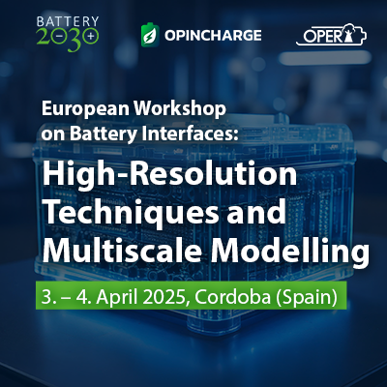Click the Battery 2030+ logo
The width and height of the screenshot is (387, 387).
(x=68, y=34)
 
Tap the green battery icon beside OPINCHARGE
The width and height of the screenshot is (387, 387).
(x=150, y=35)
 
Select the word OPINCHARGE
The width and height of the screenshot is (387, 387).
(x=213, y=35)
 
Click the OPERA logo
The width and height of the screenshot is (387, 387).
(x=331, y=34)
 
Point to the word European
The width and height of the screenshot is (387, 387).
(x=85, y=109)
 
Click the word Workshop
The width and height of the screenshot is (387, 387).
(x=180, y=109)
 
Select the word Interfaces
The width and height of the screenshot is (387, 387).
(x=190, y=134)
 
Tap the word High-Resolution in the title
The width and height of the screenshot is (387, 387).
(x=169, y=173)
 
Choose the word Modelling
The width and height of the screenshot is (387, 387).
(x=290, y=252)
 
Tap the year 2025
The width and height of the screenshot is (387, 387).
(x=164, y=296)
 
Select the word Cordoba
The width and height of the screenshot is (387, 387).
(x=232, y=296)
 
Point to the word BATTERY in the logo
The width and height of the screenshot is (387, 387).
(x=68, y=21)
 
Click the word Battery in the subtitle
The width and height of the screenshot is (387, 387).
(x=104, y=134)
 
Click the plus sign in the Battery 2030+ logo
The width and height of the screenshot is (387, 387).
(x=92, y=36)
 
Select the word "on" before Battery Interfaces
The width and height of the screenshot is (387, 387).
(x=53, y=134)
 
